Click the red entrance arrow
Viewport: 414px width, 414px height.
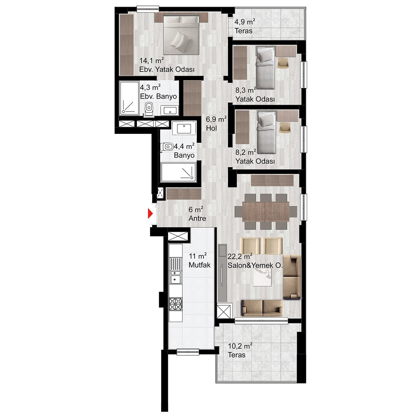(150, 214)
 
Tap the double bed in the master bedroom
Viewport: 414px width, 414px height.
(181, 34)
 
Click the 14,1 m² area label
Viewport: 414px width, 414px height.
(152, 60)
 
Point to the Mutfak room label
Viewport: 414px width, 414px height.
(200, 265)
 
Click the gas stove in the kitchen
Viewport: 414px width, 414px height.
(176, 304)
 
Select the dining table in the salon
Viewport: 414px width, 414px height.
(266, 212)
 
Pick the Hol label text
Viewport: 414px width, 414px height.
(212, 128)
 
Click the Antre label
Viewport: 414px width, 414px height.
(197, 218)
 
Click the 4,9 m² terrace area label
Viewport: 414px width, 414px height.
(245, 22)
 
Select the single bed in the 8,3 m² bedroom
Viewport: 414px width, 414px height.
(266, 68)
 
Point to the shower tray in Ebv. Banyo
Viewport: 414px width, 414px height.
(129, 98)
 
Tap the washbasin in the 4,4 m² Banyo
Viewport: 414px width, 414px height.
(184, 129)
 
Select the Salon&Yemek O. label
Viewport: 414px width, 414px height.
(255, 266)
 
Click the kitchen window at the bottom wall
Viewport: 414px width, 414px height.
(188, 358)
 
